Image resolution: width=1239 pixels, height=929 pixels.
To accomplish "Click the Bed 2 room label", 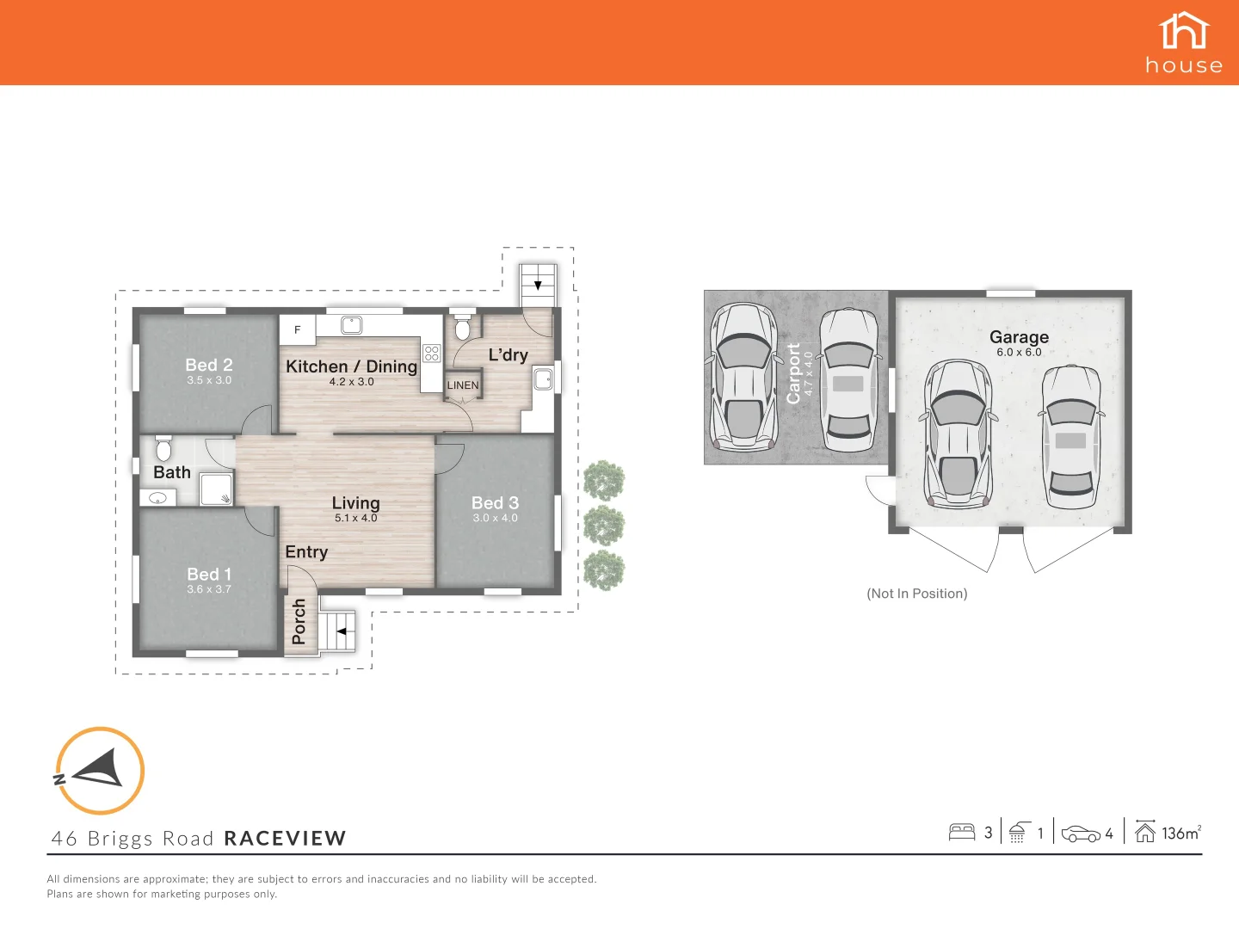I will (x=209, y=366).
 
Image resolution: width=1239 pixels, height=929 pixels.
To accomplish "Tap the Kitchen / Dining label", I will (x=351, y=366).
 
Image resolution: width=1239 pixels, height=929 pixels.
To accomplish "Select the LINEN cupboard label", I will (x=463, y=385).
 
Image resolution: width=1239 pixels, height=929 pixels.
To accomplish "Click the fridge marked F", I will (x=298, y=329).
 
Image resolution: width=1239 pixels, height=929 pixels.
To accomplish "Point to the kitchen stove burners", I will (x=432, y=353).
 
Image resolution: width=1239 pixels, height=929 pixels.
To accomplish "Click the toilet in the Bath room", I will (x=163, y=448).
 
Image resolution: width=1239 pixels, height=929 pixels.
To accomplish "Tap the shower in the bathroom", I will (x=217, y=488).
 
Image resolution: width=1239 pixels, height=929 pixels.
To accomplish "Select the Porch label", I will (x=299, y=622).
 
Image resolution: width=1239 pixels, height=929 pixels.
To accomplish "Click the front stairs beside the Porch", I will (x=340, y=631).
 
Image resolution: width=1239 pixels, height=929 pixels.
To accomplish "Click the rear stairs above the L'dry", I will (x=538, y=284).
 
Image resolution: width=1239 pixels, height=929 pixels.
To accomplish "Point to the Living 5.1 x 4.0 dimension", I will (x=355, y=518).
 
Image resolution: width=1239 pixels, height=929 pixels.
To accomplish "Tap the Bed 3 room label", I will (x=495, y=503).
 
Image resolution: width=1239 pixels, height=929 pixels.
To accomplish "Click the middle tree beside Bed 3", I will (x=604, y=526).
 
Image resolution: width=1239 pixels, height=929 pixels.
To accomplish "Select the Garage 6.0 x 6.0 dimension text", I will (x=1019, y=352).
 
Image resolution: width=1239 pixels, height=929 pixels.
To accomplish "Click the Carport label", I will (x=793, y=373).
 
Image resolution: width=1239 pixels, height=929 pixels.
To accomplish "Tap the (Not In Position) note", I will (x=916, y=594).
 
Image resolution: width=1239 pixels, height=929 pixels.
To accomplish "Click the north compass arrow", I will (x=99, y=770).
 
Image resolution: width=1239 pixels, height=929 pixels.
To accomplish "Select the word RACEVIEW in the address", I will (x=285, y=839).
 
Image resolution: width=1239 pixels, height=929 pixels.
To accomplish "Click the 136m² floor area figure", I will (x=1180, y=833).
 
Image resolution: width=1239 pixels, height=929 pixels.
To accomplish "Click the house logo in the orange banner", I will (x=1184, y=43).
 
